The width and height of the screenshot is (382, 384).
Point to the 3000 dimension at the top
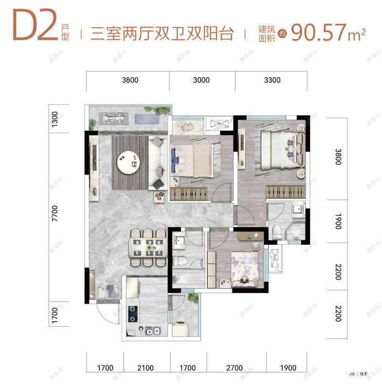click(202, 80)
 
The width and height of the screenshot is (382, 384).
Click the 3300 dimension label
click(272, 80)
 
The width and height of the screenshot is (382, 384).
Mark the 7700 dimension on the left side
click(54, 213)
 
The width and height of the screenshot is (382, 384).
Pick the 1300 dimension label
click(54, 118)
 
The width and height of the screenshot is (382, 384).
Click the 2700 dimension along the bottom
click(234, 368)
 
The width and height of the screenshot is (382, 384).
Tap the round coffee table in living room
click(130, 163)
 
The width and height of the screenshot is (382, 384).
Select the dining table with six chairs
click(148, 248)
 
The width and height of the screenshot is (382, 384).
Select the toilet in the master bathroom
click(276, 231)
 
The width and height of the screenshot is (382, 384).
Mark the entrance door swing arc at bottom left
click(106, 313)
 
